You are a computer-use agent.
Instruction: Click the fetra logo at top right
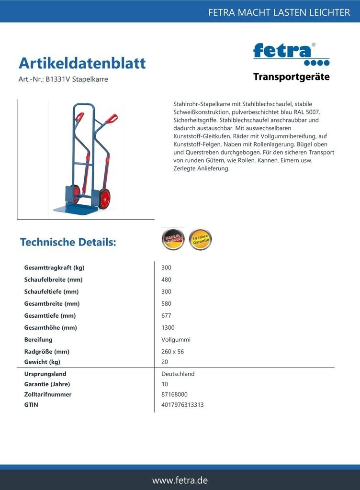291,54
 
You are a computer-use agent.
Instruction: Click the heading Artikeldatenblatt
82,63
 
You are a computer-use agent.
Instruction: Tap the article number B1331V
57,79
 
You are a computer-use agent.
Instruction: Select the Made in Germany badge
172,239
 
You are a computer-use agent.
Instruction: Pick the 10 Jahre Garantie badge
200,239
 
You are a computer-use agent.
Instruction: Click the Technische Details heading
68,242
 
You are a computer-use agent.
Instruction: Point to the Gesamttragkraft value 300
166,268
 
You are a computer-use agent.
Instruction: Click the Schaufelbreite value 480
166,280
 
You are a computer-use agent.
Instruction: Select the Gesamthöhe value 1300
168,328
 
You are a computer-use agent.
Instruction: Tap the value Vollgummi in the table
176,340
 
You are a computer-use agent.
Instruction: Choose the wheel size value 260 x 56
172,352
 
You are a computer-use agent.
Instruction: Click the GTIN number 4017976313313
182,405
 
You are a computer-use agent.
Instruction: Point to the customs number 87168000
174,395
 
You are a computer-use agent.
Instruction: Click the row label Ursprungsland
45,374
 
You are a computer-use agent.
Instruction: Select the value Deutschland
178,374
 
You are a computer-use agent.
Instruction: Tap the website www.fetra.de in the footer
180,480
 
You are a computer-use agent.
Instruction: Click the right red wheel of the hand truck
104,198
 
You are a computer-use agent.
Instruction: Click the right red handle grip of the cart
112,118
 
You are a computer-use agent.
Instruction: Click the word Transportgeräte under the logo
291,77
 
